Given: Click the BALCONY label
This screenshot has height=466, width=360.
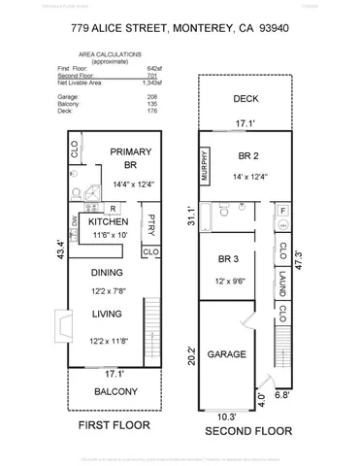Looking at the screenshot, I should pos(115,392).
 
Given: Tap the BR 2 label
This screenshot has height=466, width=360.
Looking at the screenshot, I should pos(247,154).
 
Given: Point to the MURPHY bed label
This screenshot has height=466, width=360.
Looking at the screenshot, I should pos(205,166).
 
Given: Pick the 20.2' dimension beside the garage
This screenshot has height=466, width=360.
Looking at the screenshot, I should pos(190,355).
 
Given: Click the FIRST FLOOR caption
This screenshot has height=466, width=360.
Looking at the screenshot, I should pos(115,425).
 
